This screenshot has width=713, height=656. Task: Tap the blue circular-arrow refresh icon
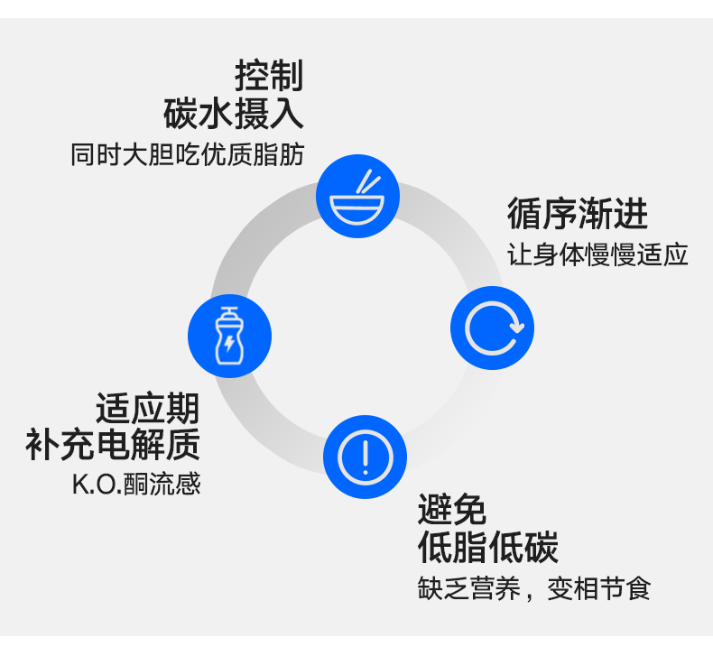[x=492, y=328]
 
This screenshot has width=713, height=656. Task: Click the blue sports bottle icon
[x=229, y=336]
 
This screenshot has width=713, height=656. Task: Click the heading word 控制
[x=268, y=76]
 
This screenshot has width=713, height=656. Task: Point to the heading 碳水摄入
[x=234, y=115]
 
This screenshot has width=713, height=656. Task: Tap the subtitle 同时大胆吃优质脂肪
[x=187, y=154]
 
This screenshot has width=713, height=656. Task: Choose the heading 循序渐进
[x=577, y=215]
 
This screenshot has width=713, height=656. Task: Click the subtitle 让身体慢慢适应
[x=597, y=254]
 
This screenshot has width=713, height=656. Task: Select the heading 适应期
[x=147, y=408]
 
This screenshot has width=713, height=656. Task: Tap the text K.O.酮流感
[x=136, y=485]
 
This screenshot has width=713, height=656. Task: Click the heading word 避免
[x=452, y=510]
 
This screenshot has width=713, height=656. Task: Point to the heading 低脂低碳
[x=487, y=548]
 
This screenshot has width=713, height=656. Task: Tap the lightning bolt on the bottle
[x=229, y=344]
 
